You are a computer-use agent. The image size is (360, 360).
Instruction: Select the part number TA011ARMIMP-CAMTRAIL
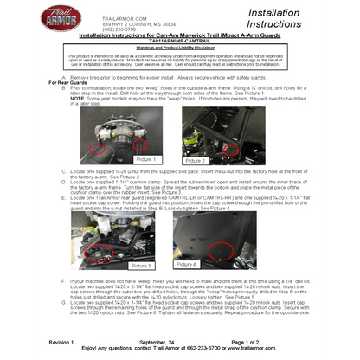(179, 41)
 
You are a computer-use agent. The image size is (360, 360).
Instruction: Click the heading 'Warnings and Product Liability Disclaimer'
(179, 48)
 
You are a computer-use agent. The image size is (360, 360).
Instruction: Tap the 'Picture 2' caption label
(196, 160)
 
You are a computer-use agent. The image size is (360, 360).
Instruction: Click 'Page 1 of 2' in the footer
(278, 343)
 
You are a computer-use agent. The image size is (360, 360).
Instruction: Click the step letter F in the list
(63, 280)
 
